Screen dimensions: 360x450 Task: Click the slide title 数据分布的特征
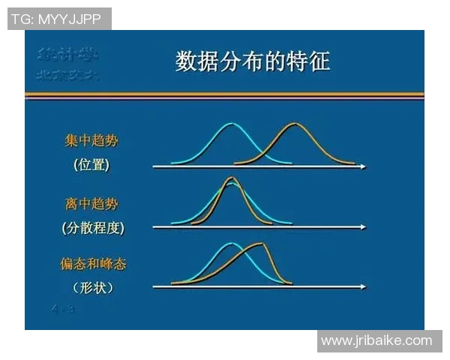(252, 61)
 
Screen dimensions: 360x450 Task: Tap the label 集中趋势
(91, 141)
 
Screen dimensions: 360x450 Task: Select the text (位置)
(91, 165)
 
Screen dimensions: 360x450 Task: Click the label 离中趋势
(91, 203)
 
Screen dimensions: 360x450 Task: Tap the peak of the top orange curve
(295, 124)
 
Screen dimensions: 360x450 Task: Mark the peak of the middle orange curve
(232, 178)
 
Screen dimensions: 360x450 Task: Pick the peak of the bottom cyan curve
(232, 244)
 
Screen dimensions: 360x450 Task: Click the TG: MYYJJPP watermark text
(59, 19)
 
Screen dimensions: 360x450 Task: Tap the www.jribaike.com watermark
(376, 341)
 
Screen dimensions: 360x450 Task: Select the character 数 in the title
(185, 61)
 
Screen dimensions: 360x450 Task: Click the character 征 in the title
(319, 61)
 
